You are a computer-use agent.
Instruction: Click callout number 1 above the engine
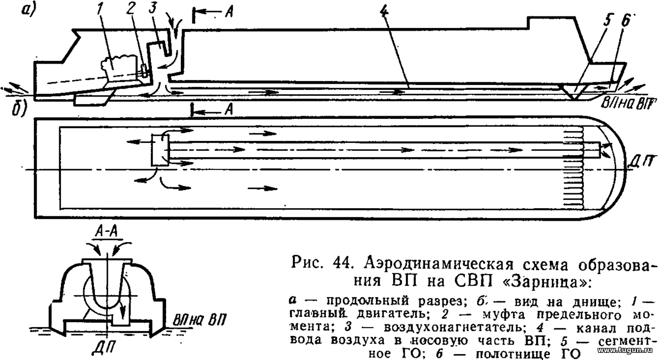pyautogui.click(x=101, y=13)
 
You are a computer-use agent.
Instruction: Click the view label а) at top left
pyautogui.click(x=29, y=11)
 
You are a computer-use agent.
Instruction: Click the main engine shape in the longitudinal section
pyautogui.click(x=119, y=67)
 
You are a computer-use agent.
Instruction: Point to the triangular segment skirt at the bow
pyautogui.click(x=573, y=92)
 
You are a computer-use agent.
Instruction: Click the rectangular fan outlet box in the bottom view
pyautogui.click(x=160, y=150)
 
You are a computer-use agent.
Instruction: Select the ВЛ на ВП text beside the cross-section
pyautogui.click(x=200, y=320)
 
